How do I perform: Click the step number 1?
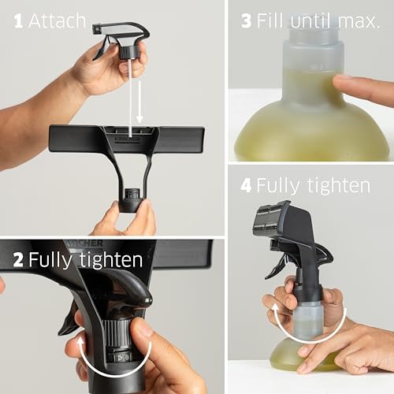coord(18,21)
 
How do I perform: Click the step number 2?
coord(18,259)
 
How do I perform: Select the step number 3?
coord(247,21)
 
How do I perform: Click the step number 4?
coord(245,186)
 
